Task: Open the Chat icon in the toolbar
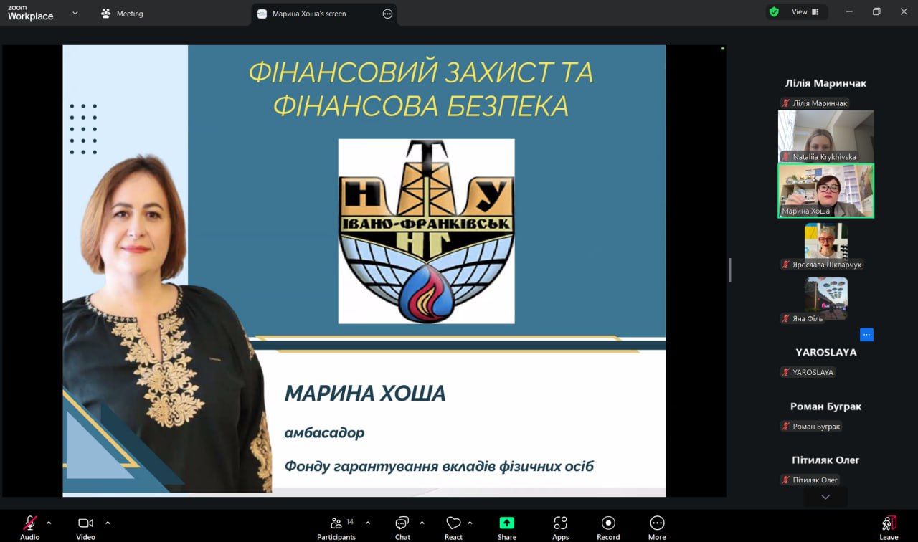(402, 523)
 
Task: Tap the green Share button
(506, 523)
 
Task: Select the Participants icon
(336, 523)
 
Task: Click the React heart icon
(453, 523)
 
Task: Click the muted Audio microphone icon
(30, 523)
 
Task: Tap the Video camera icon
(85, 523)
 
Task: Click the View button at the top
(805, 12)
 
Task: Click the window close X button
(904, 12)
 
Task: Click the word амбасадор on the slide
(325, 432)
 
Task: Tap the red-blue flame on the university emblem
(426, 293)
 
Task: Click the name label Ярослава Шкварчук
(827, 265)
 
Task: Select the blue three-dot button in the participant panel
(866, 335)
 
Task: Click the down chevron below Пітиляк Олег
(825, 497)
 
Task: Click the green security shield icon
(774, 12)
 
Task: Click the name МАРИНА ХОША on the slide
(365, 394)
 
